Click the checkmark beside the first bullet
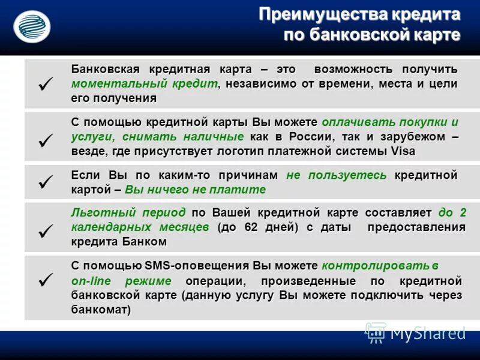[x=46, y=83]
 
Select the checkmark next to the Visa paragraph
[x=46, y=140]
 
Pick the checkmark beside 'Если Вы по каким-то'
[x=46, y=182]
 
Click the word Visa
[x=403, y=151]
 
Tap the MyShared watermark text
[x=427, y=332]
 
